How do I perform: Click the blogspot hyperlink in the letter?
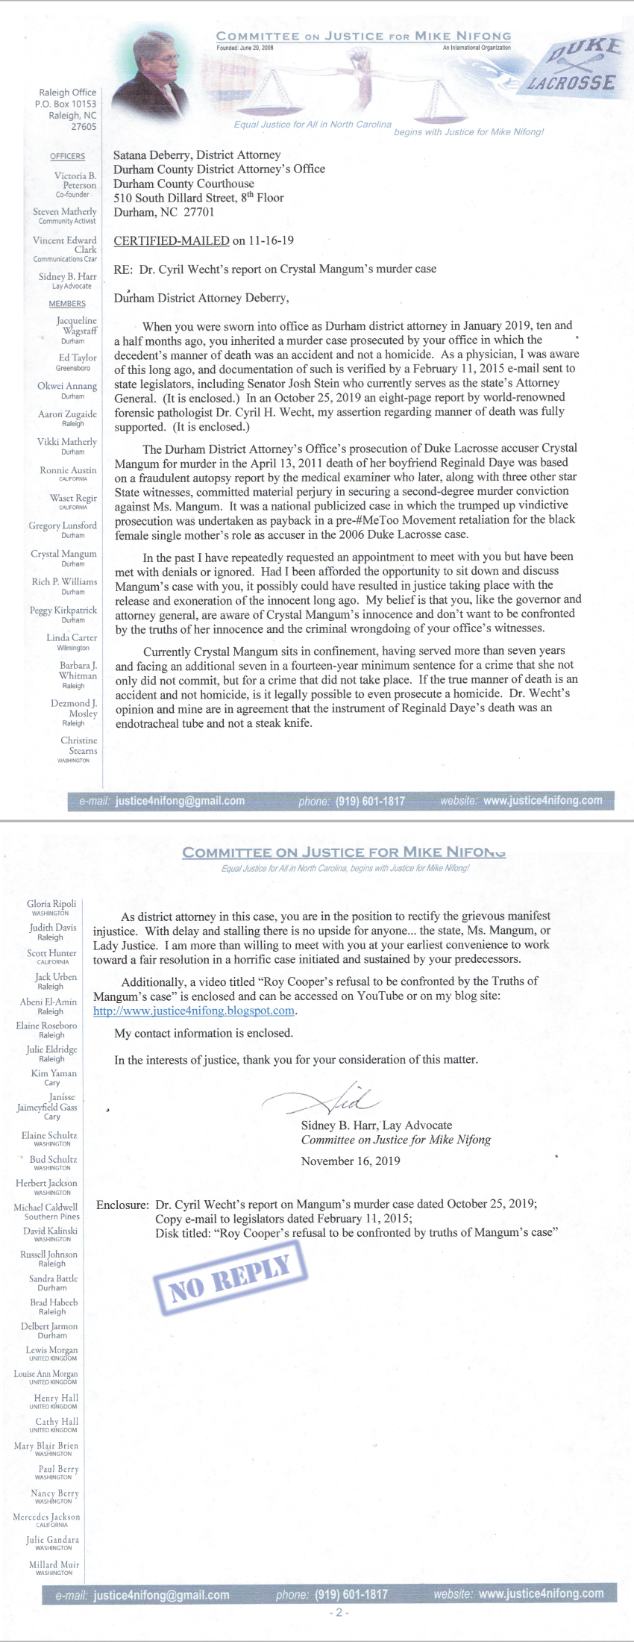click(x=194, y=1011)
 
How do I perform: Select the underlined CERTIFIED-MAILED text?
click(x=172, y=240)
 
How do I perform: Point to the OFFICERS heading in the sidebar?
click(x=68, y=156)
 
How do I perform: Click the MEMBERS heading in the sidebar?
click(x=67, y=304)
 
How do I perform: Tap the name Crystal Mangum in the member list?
click(x=63, y=554)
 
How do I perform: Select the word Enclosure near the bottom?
click(x=122, y=1204)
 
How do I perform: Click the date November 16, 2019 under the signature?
click(x=351, y=1161)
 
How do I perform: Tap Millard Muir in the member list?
click(x=54, y=1564)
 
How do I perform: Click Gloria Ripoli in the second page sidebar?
click(x=51, y=904)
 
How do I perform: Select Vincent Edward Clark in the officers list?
click(x=65, y=245)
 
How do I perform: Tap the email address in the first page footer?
click(x=180, y=801)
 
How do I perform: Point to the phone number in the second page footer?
click(x=351, y=1594)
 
